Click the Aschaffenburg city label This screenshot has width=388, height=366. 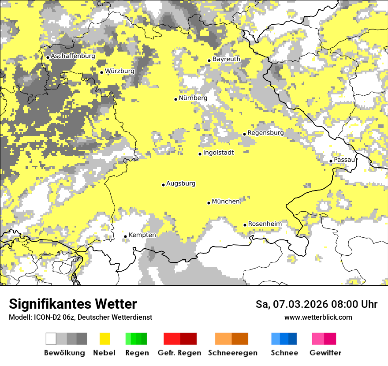[x=73, y=56]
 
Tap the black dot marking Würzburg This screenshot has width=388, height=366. [x=101, y=72]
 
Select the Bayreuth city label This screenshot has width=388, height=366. [x=226, y=59]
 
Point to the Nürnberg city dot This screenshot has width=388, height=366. [x=175, y=99]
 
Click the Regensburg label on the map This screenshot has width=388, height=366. [x=265, y=133]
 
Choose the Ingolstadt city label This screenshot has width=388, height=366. [x=218, y=153]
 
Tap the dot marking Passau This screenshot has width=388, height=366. [x=331, y=161]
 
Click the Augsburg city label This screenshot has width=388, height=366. [x=180, y=183]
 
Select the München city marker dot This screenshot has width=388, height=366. [x=209, y=203]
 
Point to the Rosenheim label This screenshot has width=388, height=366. [x=265, y=224]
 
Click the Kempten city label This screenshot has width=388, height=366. [x=142, y=235]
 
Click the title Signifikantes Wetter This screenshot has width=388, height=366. [x=73, y=304]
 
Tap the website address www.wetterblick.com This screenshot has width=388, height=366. [x=318, y=317]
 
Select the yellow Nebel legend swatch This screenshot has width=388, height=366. [x=105, y=339]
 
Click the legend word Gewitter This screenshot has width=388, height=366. [x=325, y=353]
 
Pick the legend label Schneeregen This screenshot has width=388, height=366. [x=232, y=353]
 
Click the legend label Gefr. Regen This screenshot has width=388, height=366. [x=179, y=353]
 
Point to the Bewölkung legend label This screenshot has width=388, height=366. [x=64, y=353]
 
